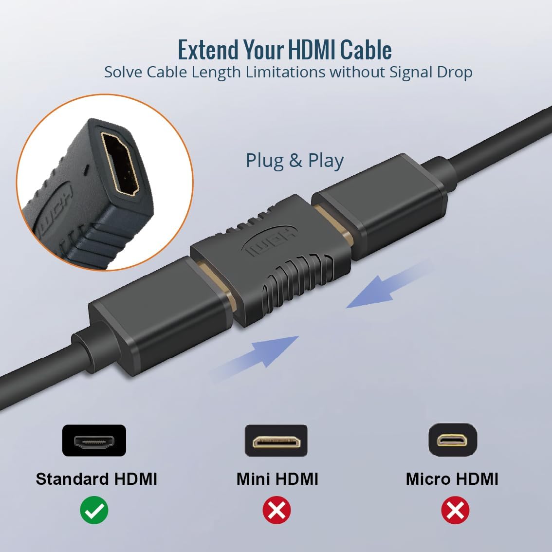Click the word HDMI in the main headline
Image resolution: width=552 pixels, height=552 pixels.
coord(312,50)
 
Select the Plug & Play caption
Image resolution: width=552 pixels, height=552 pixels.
coord(294,161)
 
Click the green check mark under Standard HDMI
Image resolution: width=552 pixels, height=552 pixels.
coord(94,510)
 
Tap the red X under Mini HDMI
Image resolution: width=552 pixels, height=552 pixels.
coord(276,510)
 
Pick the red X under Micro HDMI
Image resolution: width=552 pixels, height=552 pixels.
coord(455,510)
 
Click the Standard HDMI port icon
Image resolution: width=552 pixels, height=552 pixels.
coord(94,441)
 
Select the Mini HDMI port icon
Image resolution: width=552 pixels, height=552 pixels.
coord(276,441)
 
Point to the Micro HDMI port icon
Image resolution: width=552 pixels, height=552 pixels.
coord(452,440)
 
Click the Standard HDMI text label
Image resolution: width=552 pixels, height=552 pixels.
coord(96,479)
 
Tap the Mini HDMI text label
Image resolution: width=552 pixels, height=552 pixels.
coord(277,479)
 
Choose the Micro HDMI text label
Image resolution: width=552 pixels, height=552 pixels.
coord(452,479)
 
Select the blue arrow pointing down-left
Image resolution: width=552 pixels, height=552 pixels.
coord(387,285)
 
